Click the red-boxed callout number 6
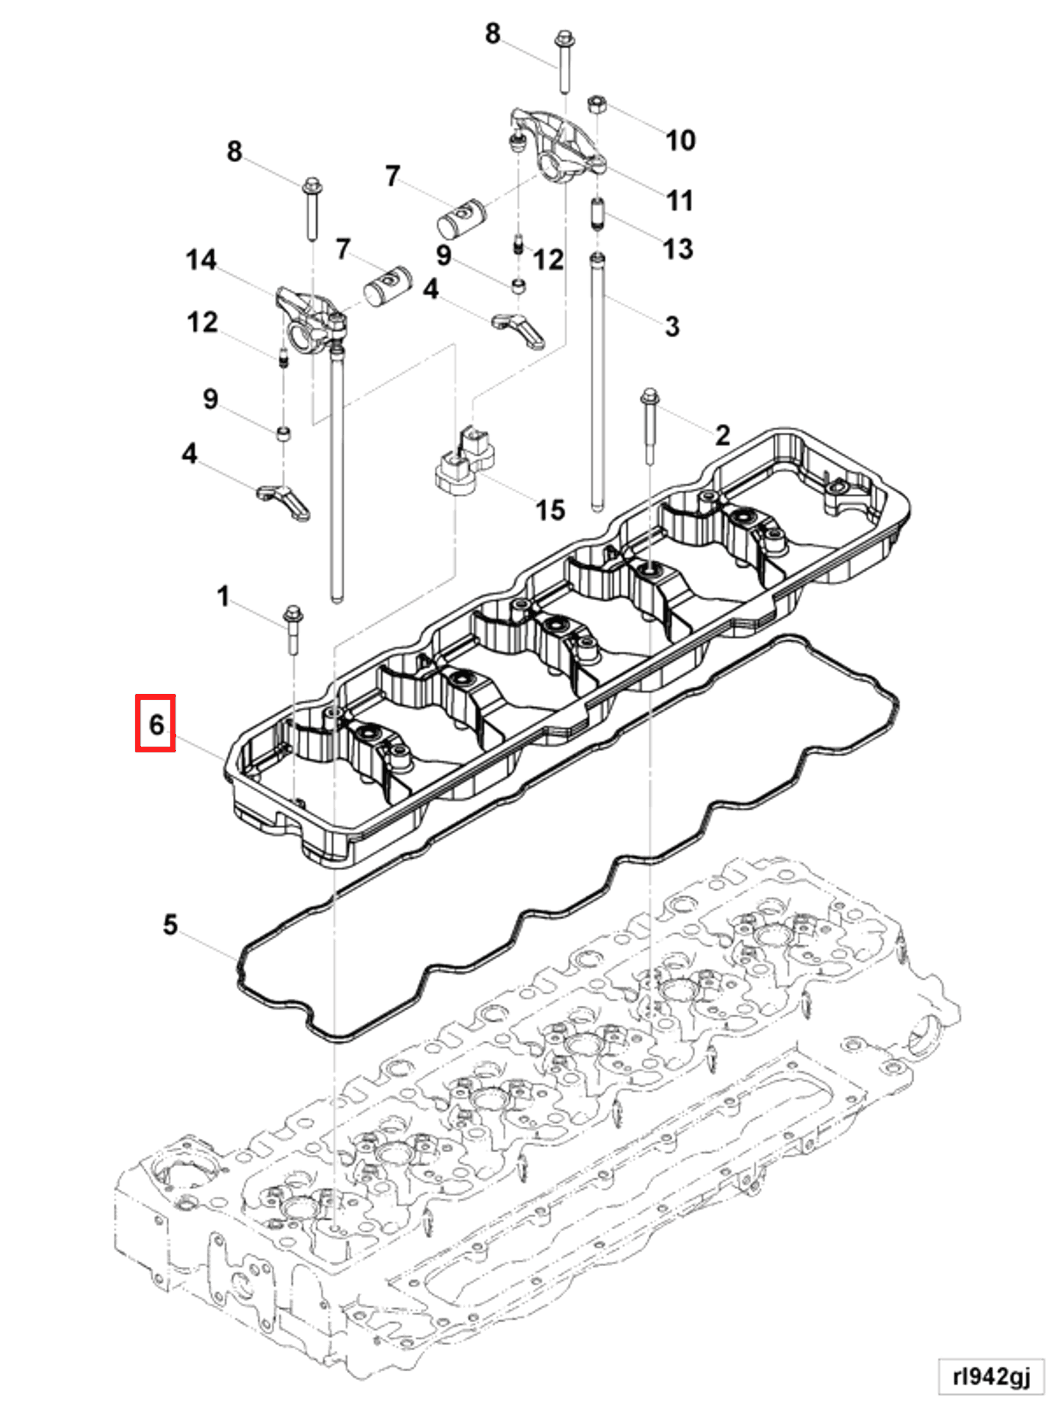[x=155, y=723]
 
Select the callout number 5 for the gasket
[x=169, y=924]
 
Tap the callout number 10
[x=680, y=140]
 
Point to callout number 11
[x=680, y=200]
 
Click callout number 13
[x=678, y=248]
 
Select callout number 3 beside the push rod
[x=672, y=327]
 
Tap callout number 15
[x=550, y=509]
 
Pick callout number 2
[x=722, y=435]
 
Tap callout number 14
[x=201, y=260]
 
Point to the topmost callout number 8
[x=492, y=33]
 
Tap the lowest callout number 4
[x=189, y=453]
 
